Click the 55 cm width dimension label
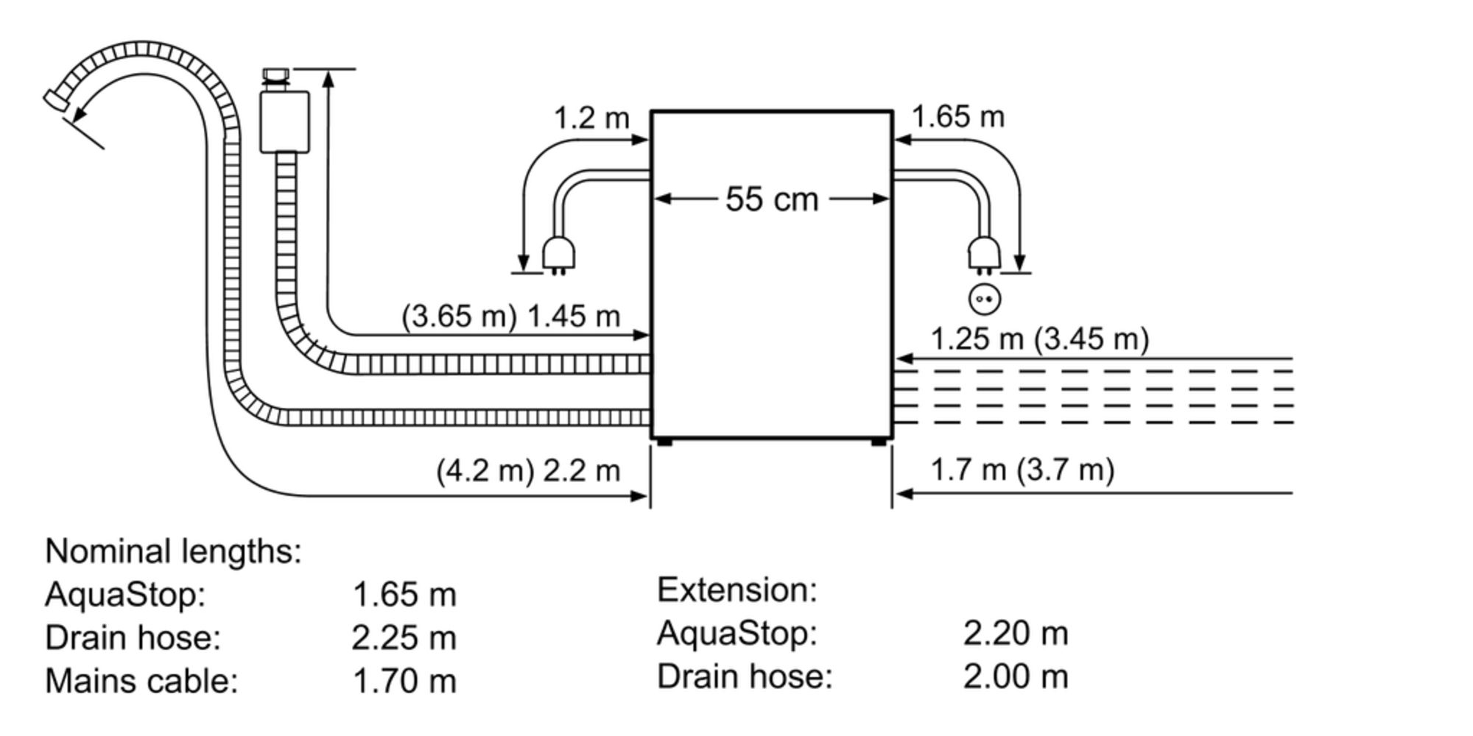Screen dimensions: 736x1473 (771, 199)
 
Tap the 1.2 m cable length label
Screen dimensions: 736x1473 (591, 118)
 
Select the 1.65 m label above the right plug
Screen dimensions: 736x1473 (957, 117)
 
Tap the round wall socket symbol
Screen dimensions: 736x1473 (985, 300)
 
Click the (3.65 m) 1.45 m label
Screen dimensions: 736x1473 (510, 316)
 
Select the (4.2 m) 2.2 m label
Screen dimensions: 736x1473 (528, 470)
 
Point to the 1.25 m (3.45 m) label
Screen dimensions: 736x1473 (1039, 339)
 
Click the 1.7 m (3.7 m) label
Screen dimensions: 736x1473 (1022, 470)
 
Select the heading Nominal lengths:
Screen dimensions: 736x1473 (173, 551)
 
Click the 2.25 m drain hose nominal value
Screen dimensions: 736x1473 (404, 638)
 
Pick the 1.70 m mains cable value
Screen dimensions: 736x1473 (404, 682)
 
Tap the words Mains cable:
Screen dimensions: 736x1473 (141, 681)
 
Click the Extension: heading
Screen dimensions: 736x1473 (736, 590)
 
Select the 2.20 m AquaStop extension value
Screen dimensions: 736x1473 (1015, 633)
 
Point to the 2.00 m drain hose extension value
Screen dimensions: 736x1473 (1015, 676)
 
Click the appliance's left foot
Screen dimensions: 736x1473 (664, 442)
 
